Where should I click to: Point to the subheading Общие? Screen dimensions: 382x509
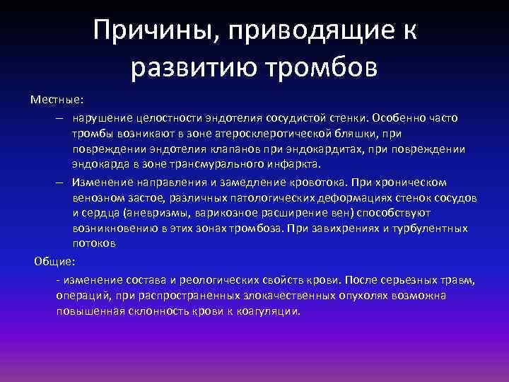[x=55, y=261]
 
